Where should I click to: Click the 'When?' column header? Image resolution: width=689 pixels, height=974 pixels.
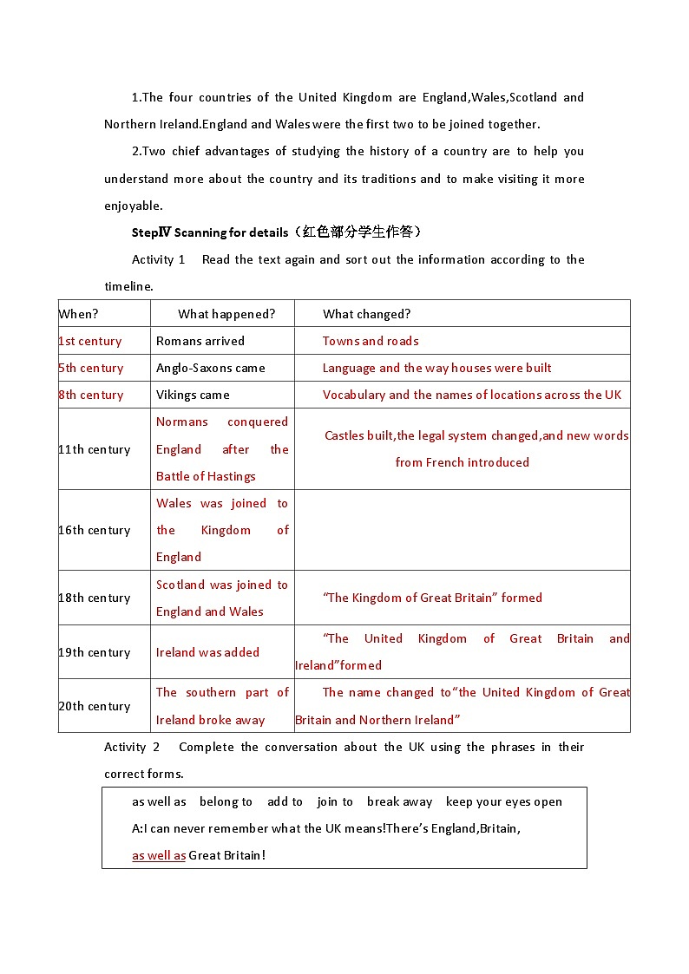pos(78,314)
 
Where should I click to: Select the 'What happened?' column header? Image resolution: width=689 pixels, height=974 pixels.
pos(226,314)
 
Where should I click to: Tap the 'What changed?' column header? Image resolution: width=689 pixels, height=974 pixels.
pos(366,314)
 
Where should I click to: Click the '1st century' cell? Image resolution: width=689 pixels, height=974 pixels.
pos(90,341)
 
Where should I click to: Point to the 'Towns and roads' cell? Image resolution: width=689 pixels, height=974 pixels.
pos(371,341)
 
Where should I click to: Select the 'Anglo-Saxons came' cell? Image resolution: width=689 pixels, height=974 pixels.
pos(211,368)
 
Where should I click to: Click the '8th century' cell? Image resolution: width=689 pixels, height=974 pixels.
pos(90,395)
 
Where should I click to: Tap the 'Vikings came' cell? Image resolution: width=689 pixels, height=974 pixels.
pos(193,395)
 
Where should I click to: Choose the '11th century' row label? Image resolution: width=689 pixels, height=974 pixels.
pos(94,449)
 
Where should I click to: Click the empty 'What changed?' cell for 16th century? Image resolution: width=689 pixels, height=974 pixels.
pos(462,530)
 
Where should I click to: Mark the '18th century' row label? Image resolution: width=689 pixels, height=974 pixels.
pos(94,598)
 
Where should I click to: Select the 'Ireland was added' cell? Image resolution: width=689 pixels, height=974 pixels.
pos(207,652)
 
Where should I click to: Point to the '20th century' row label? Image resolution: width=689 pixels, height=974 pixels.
pos(94,706)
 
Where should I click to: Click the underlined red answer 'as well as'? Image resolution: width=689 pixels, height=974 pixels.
pos(159,855)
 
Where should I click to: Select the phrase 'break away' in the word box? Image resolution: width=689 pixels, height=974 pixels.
pos(399,801)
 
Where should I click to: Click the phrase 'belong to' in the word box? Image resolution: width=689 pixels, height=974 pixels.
pos(226,801)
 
